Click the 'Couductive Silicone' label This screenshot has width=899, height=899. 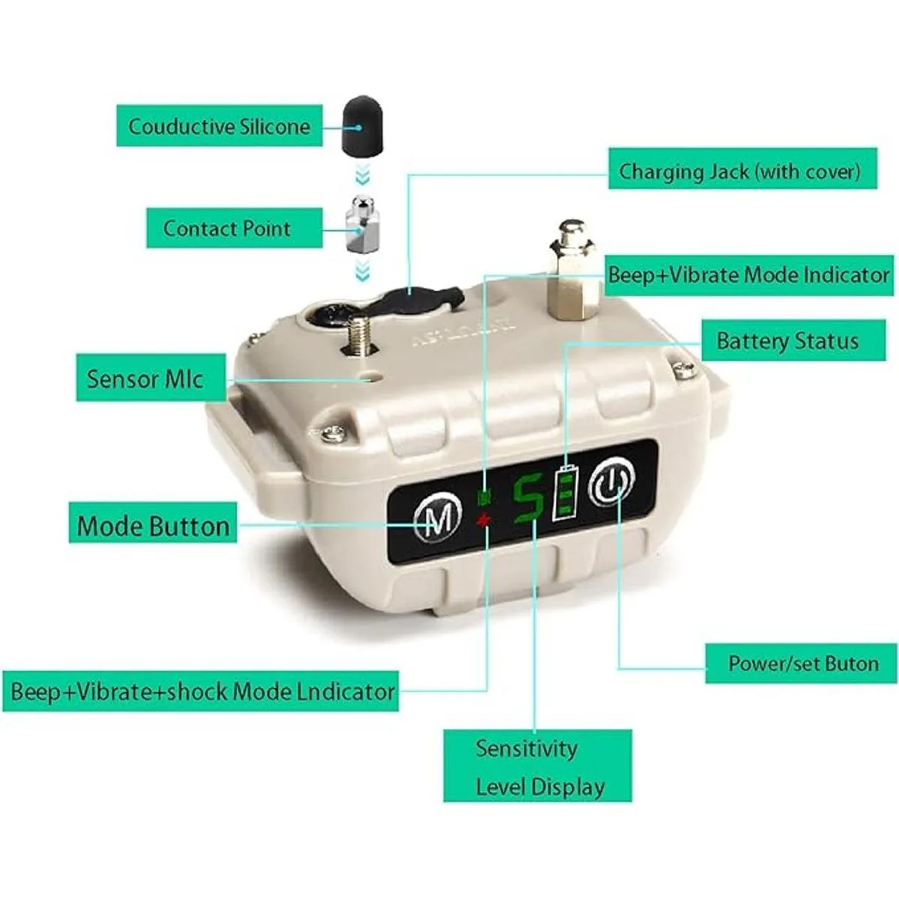pos(220,126)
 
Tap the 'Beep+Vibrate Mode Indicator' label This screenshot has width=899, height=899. pos(749,275)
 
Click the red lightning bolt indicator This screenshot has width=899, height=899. pos(483,520)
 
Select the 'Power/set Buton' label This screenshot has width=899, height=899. pos(801,663)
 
